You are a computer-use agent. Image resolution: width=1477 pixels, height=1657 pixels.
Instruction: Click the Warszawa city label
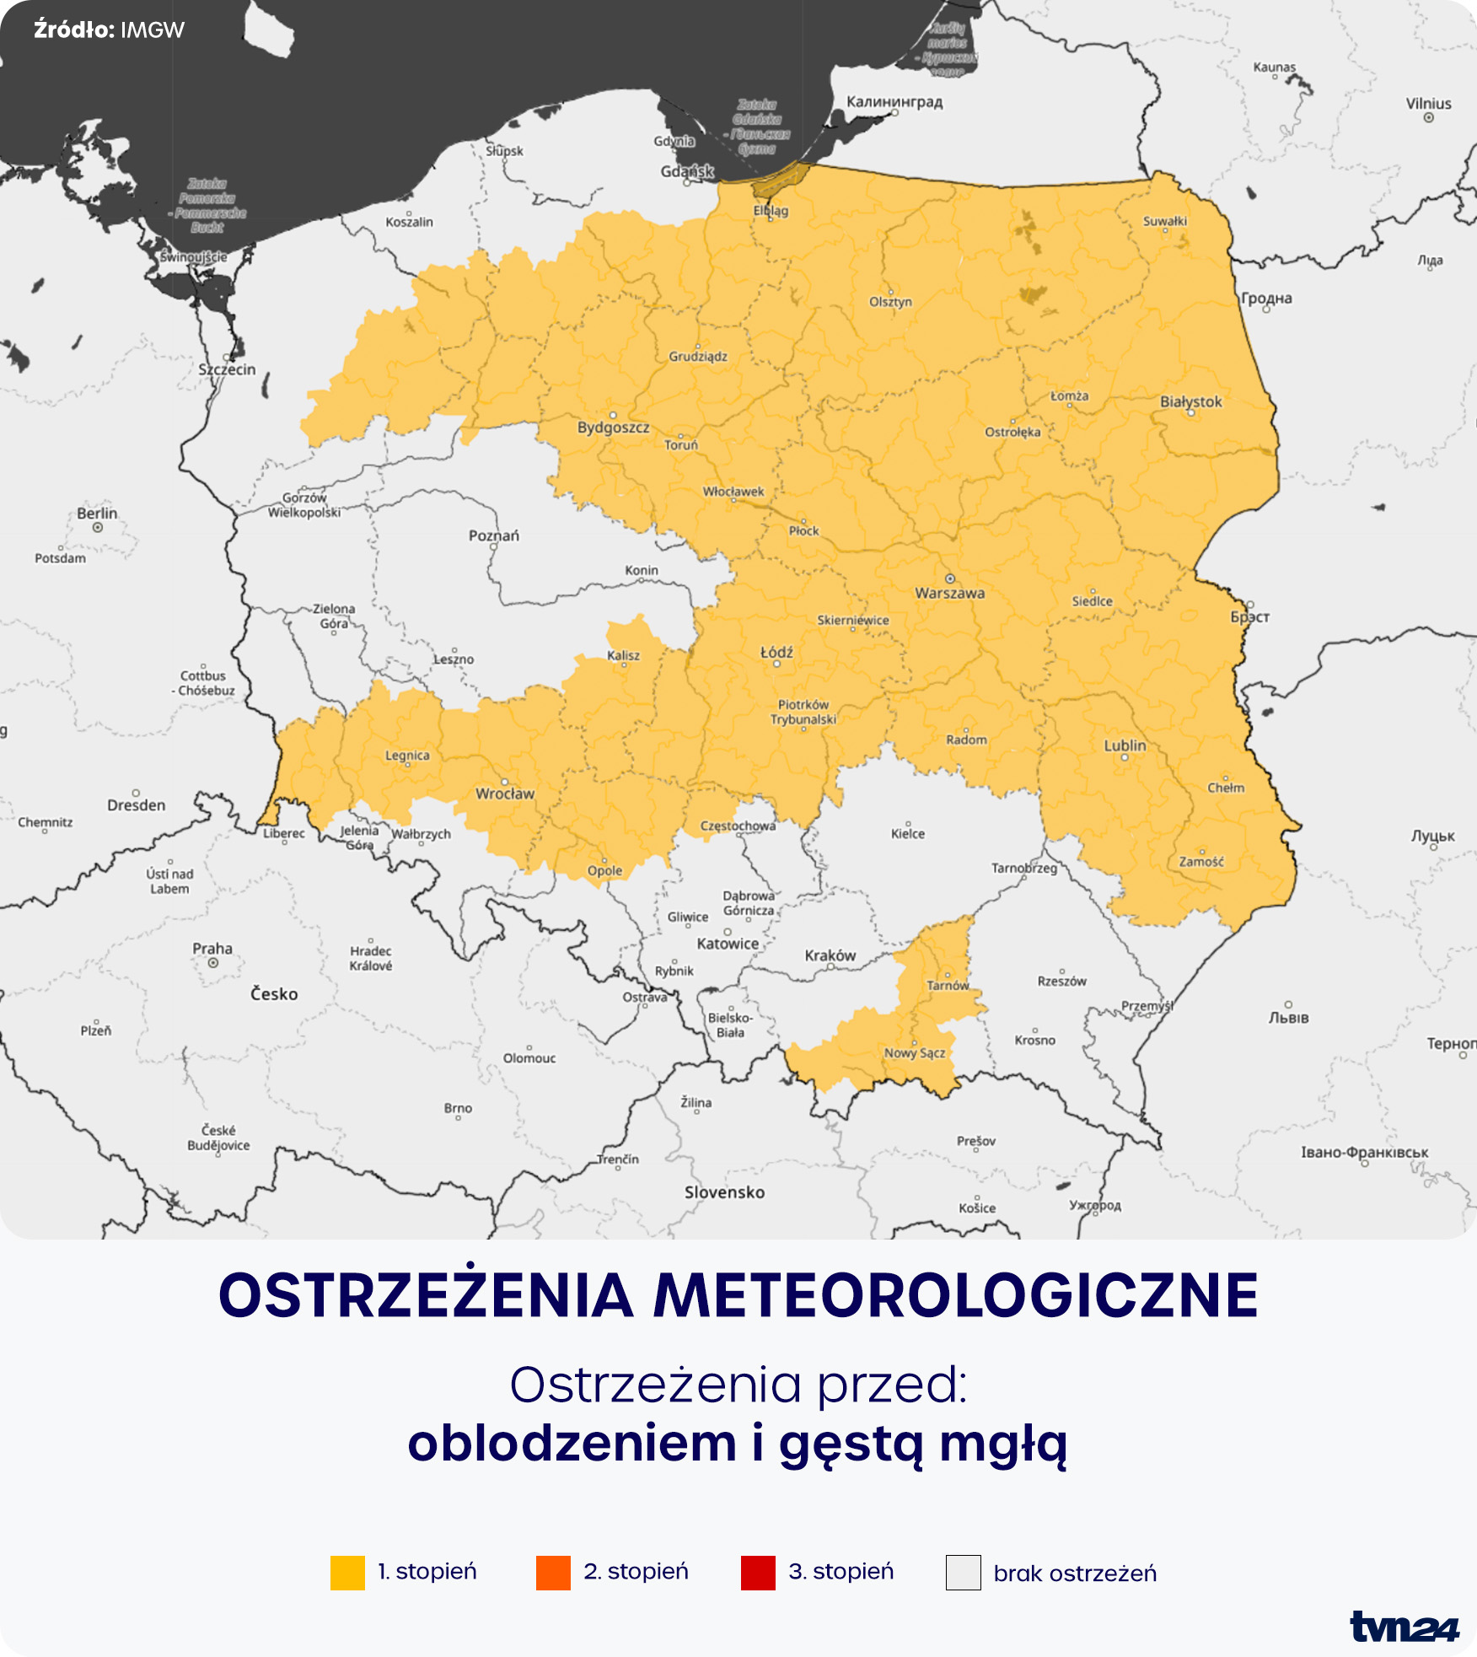(949, 593)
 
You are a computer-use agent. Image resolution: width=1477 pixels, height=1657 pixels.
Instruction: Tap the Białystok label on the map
(1190, 401)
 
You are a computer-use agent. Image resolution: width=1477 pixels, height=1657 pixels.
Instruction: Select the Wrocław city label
(505, 794)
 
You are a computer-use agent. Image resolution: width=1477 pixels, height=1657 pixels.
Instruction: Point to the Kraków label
(830, 955)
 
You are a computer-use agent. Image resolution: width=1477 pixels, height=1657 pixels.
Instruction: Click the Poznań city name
(494, 535)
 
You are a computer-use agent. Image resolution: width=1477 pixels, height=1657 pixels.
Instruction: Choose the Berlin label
(97, 513)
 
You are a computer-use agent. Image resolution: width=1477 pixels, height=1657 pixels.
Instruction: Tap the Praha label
(212, 949)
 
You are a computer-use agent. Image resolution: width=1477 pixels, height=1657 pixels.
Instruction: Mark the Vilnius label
(1428, 104)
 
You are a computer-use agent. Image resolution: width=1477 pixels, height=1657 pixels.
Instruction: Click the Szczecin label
(227, 369)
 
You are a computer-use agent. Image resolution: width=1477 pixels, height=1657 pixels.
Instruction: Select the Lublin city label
(1125, 745)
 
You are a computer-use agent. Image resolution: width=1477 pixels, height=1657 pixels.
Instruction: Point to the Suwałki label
(1164, 221)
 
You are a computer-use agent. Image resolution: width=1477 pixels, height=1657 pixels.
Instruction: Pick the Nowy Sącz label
(915, 1052)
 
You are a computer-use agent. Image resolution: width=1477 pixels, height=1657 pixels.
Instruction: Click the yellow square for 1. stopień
(347, 1573)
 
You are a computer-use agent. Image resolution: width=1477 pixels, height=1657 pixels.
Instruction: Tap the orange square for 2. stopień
(553, 1573)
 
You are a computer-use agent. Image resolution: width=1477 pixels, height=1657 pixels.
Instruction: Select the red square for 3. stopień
(758, 1573)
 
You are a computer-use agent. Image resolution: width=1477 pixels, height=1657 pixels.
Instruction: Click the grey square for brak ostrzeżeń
(963, 1573)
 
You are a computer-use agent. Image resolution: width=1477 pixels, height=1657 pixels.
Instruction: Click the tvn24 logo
(1404, 1627)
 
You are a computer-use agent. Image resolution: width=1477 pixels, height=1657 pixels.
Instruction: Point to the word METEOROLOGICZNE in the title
(956, 1296)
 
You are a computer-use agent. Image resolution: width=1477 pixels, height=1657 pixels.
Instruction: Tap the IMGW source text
(153, 30)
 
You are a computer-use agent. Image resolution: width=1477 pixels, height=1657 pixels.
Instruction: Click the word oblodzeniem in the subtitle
(572, 1444)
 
